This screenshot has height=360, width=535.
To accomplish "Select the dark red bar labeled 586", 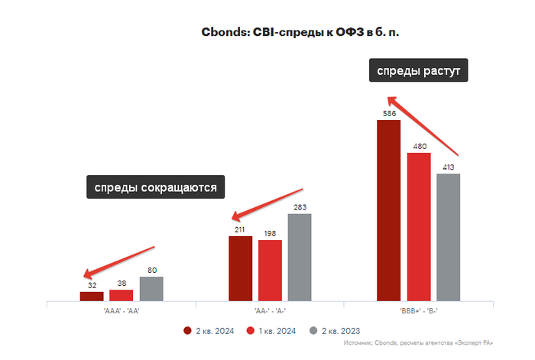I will (x=388, y=210).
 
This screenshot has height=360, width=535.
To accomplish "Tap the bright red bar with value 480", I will (x=418, y=227).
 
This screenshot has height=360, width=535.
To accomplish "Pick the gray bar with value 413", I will (x=448, y=238).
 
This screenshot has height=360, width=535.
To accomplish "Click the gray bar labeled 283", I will (x=300, y=258).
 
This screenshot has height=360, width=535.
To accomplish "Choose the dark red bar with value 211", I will (x=240, y=268).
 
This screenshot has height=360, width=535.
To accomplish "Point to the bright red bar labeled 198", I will (x=270, y=271).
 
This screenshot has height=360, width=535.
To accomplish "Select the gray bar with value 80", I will (x=151, y=288).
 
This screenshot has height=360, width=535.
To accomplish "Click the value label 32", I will (x=92, y=286).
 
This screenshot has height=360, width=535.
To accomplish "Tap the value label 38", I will (x=122, y=284).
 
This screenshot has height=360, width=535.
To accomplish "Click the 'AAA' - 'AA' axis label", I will (x=121, y=310).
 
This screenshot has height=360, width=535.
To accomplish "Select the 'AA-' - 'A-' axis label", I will (x=270, y=310).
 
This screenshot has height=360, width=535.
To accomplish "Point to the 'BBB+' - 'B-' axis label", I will (x=418, y=310).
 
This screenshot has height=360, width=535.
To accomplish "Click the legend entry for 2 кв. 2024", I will (x=211, y=330).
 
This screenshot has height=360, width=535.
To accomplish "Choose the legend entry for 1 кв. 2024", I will (x=274, y=330).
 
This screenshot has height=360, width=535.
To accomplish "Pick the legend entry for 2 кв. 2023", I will (x=336, y=330).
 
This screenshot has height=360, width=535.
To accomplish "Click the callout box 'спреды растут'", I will (x=418, y=71).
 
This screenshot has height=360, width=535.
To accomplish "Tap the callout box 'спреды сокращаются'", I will (x=156, y=186).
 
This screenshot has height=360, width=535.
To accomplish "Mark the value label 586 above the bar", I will (x=388, y=114).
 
